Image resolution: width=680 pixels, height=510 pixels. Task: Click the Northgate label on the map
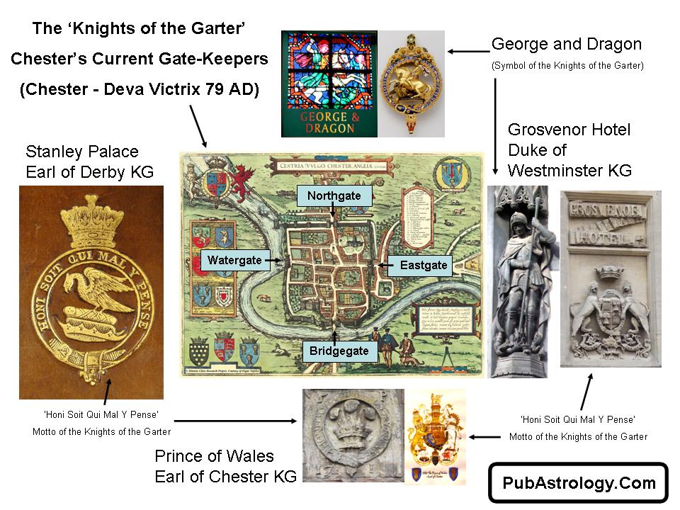tap(334, 196)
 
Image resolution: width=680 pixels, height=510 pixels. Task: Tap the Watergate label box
tap(234, 260)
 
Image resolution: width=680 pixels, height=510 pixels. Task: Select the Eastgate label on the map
tap(424, 265)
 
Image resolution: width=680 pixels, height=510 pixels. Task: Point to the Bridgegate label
tap(339, 351)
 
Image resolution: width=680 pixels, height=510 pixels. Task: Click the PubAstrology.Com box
tap(579, 484)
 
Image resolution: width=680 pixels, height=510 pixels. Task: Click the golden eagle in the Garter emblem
tap(96, 291)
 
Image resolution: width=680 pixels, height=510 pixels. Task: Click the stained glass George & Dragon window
tap(329, 83)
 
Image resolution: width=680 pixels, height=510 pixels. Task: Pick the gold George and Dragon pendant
tap(411, 83)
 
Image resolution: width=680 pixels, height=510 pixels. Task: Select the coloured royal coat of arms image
tap(435, 436)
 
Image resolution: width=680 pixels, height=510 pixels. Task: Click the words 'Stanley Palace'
tap(81, 152)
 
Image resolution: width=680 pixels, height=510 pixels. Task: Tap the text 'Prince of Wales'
tap(214, 455)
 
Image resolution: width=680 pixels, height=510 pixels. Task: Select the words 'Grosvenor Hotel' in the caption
tap(569, 130)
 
